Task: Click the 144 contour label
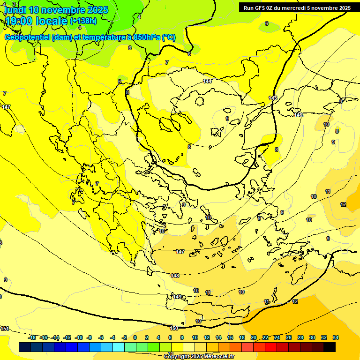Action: pyautogui.click(x=207, y=81)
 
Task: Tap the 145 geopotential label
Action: pyautogui.click(x=273, y=98)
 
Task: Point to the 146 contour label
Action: pyautogui.click(x=298, y=115)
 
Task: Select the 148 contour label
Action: pyautogui.click(x=175, y=276)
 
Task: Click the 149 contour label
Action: pyautogui.click(x=178, y=297)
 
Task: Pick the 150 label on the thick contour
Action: pyautogui.click(x=174, y=328)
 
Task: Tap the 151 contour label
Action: pyautogui.click(x=5, y=329)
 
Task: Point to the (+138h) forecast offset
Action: pyautogui.click(x=83, y=21)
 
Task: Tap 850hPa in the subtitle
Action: pyautogui.click(x=147, y=37)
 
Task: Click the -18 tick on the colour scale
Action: pyautogui.click(x=32, y=337)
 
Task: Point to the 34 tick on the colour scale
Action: pyautogui.click(x=336, y=337)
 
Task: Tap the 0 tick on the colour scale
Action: pyautogui.click(x=135, y=337)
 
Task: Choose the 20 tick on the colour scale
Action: pyautogui.click(x=254, y=337)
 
